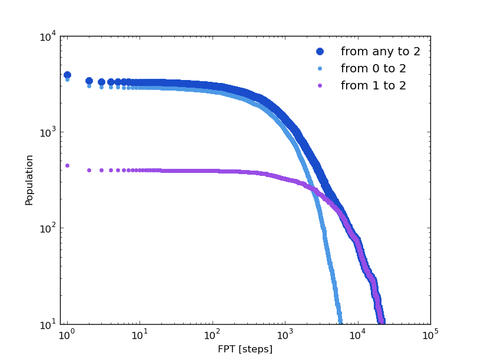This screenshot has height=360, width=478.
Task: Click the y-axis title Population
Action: (29, 180)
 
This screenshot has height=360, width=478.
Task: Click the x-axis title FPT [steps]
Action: (245, 349)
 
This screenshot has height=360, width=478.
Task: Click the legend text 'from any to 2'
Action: (380, 52)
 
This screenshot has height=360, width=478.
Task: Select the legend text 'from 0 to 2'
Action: (373, 69)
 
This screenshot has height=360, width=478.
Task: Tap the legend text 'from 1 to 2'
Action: (373, 86)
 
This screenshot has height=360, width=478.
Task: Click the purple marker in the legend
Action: (320, 86)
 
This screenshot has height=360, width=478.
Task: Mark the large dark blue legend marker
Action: (320, 52)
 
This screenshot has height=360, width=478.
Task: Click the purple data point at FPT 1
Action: (67, 165)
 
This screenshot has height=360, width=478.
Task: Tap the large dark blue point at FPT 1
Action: (67, 75)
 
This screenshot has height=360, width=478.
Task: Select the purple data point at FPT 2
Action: (89, 170)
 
